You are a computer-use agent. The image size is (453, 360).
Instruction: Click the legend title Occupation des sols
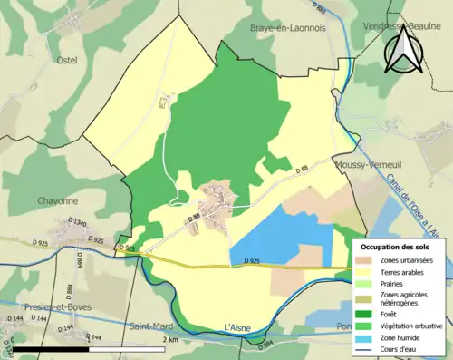pos(396,246)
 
